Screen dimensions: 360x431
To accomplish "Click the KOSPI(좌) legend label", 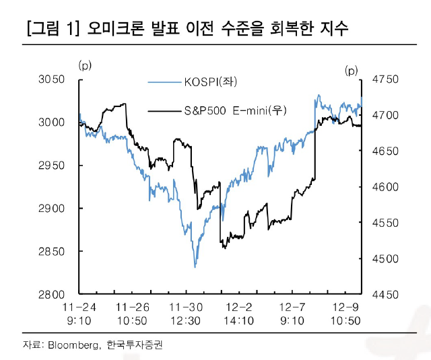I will pyautogui.click(x=211, y=83).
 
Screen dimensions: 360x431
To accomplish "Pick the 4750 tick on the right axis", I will pyautogui.click(x=386, y=79).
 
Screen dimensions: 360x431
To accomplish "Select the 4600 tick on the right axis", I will pyautogui.click(x=386, y=187).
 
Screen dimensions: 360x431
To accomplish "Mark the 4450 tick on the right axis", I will pyautogui.click(x=386, y=295).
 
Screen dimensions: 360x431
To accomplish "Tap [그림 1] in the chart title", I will pyautogui.click(x=52, y=29).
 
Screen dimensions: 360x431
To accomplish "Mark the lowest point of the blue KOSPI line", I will pyautogui.click(x=195, y=267).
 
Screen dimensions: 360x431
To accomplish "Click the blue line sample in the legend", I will pyautogui.click(x=164, y=83).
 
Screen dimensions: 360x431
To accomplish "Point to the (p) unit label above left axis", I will pyautogui.click(x=85, y=65).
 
